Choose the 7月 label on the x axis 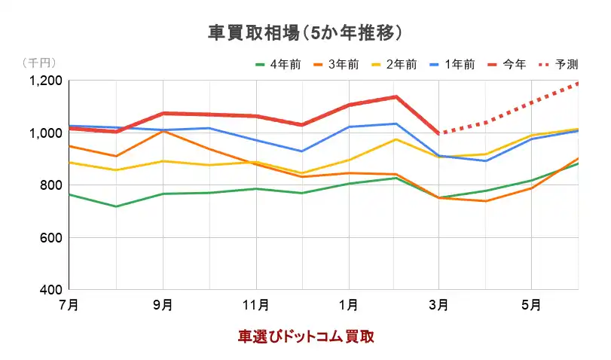click(x=69, y=305)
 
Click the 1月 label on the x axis click(x=348, y=305)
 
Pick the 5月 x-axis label click(x=532, y=305)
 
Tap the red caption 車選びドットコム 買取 click(x=306, y=336)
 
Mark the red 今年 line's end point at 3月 click(x=439, y=133)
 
